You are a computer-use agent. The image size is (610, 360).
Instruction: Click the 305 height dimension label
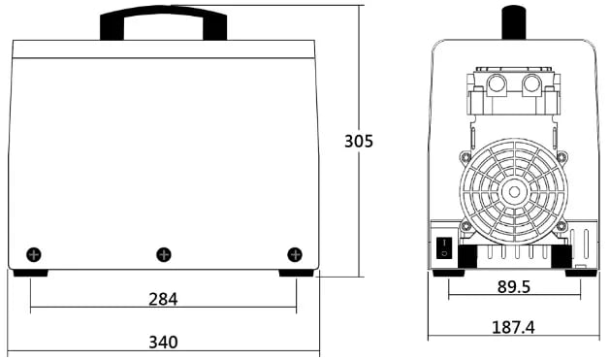pos(358,141)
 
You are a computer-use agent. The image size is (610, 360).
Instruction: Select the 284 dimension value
pos(163,299)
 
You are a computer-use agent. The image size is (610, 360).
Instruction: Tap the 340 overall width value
pos(163,343)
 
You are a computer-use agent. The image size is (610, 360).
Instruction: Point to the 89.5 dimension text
pos(514,287)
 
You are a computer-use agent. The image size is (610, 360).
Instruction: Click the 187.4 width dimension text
pos(513,327)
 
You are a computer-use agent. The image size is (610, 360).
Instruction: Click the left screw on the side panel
pos(34,255)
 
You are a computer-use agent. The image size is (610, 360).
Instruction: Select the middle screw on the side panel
pos(164,255)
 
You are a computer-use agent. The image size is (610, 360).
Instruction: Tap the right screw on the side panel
pos(295,254)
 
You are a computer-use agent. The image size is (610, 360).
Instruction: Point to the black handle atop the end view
pos(514,22)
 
